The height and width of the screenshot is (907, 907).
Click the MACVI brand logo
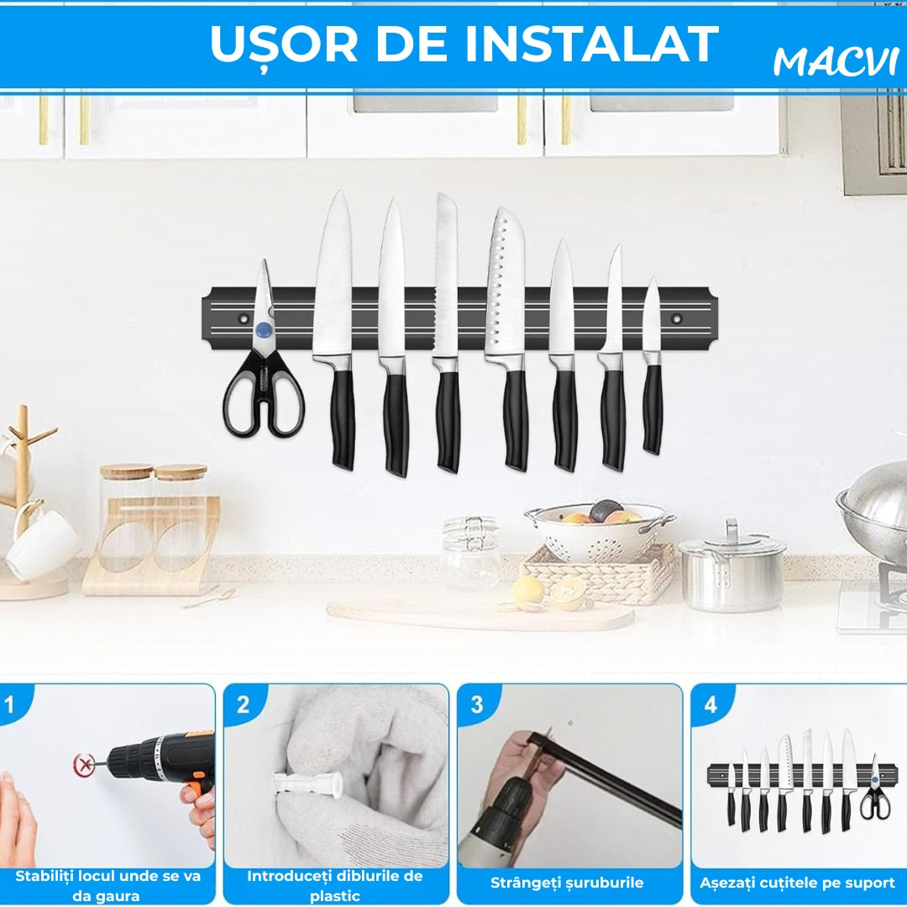point(836,61)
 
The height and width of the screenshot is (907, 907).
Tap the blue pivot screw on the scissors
point(264,330)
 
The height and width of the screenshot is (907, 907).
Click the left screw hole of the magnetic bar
point(244,318)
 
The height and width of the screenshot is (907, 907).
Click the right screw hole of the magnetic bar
point(676,318)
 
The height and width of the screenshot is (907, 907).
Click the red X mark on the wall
point(85,765)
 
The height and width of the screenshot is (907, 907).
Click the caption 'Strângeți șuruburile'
point(567,883)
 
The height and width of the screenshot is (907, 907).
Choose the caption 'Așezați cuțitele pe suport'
point(797,883)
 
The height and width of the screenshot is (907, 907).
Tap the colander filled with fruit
point(600,531)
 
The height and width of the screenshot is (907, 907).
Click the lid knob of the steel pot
point(732,527)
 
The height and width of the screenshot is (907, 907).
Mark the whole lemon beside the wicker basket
point(528,591)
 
